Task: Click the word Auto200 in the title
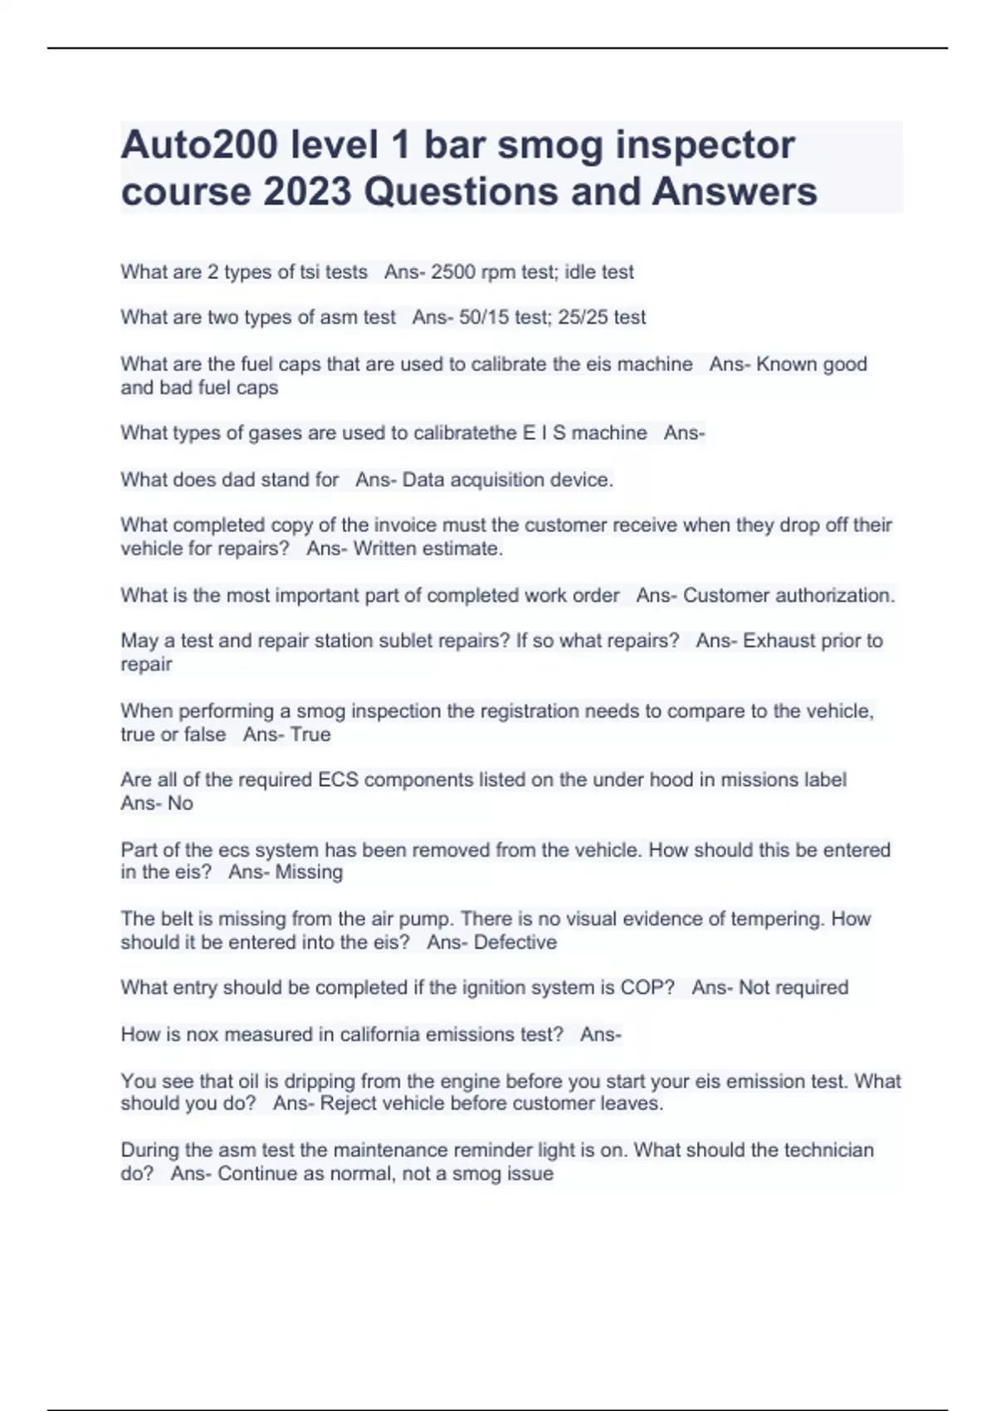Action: (x=199, y=144)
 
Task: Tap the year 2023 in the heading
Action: (x=308, y=192)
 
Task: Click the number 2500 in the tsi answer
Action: (x=453, y=272)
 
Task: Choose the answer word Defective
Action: (x=515, y=943)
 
